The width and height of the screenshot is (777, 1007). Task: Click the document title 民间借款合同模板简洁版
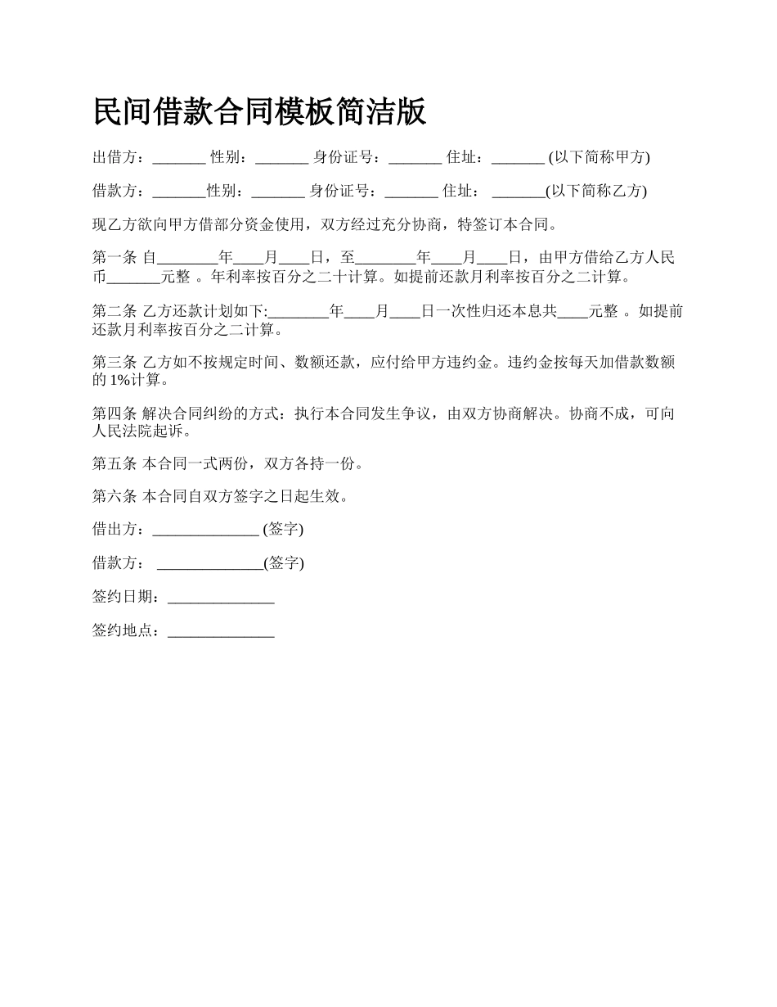click(x=259, y=112)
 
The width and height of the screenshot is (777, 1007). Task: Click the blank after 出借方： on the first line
click(x=179, y=157)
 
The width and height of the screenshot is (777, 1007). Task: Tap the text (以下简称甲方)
click(x=599, y=157)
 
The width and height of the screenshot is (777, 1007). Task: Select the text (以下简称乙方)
click(x=596, y=191)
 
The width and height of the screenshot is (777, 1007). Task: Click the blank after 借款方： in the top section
click(x=179, y=191)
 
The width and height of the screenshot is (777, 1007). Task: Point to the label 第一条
click(x=115, y=258)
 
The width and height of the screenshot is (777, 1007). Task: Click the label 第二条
click(x=115, y=312)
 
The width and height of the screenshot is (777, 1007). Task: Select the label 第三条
click(x=115, y=362)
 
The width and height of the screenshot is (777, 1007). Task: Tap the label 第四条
click(x=115, y=413)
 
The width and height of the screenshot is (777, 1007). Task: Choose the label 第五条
click(x=115, y=463)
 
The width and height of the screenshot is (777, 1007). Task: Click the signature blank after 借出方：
click(x=206, y=530)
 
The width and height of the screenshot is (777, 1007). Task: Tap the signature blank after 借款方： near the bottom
click(x=209, y=563)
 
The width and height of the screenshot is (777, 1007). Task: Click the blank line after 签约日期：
click(x=221, y=598)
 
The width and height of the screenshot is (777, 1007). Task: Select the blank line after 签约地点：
click(x=221, y=631)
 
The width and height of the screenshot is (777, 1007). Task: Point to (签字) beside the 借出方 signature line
click(x=283, y=530)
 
